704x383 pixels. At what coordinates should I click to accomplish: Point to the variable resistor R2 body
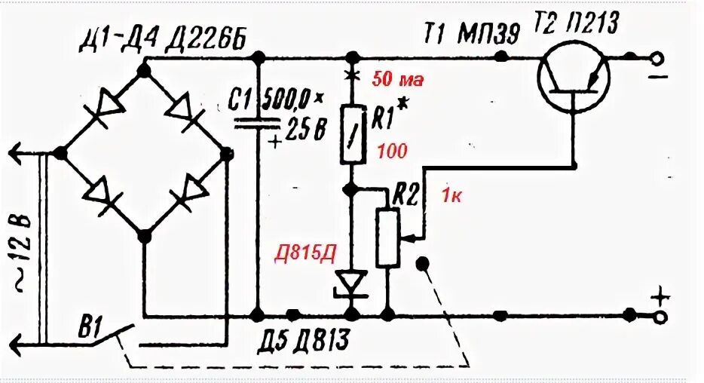[x=387, y=238]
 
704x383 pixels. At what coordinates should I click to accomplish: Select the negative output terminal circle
[x=658, y=58]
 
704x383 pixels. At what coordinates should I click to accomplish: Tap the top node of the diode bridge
[x=145, y=69]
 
